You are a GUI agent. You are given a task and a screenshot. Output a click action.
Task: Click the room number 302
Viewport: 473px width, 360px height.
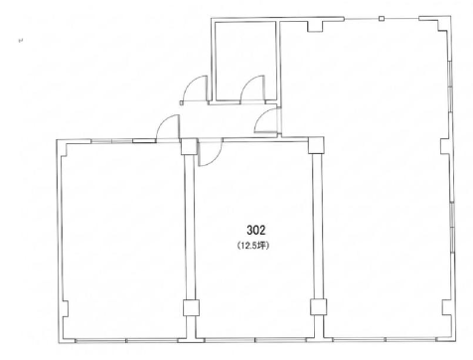click(x=256, y=230)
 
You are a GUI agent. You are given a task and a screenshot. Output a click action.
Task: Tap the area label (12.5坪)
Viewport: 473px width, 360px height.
click(x=253, y=246)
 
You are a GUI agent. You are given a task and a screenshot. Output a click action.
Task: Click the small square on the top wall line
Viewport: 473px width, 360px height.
click(x=382, y=19)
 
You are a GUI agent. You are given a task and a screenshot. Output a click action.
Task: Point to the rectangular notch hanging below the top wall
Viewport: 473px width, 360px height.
click(x=315, y=27)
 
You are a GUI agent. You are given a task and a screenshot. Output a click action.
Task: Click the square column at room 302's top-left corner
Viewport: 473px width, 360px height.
click(x=189, y=147)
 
